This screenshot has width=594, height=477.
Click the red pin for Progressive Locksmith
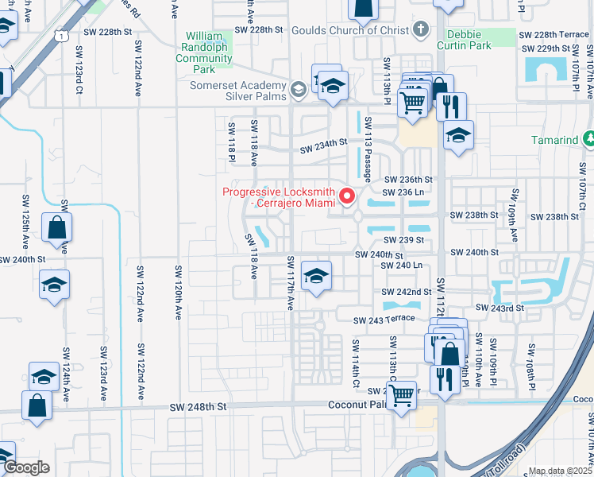point(347,195)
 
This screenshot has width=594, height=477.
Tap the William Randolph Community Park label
point(204,52)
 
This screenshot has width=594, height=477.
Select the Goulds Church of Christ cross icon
point(421,30)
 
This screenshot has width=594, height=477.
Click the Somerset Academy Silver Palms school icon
point(298,90)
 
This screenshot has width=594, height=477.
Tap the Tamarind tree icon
point(588,140)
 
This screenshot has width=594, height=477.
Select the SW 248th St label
point(198,406)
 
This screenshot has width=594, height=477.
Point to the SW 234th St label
point(323,146)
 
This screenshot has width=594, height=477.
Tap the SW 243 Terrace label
point(385,319)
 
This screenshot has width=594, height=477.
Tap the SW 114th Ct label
point(357,365)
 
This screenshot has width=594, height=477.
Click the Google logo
point(25,467)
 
